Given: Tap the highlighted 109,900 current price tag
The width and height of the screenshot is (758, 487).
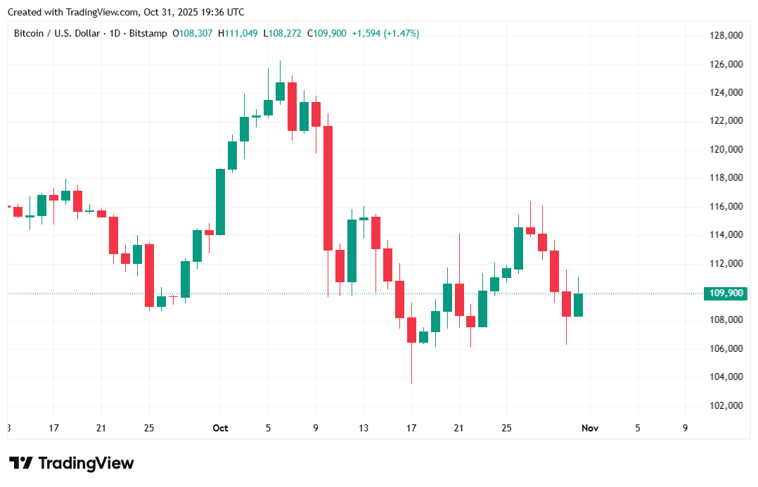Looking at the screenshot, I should pos(724,293).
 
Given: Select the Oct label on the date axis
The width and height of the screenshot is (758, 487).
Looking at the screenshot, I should pos(220,428).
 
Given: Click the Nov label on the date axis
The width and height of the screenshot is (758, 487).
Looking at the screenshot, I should pos(590,428).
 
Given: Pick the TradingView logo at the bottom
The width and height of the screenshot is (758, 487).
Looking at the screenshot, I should pos(72,463).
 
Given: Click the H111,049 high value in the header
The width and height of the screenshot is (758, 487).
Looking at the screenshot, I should pos(238,33).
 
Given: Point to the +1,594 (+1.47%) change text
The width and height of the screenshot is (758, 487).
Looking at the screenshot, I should pos(385,33).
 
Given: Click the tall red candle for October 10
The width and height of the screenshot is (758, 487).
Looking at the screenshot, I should pos(328,188).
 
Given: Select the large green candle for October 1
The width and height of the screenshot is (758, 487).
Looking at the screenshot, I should pos(220,201).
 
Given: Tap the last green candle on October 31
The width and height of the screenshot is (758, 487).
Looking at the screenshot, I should pos(578,305).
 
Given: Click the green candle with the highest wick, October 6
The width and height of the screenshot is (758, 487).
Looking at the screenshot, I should pos(280,91).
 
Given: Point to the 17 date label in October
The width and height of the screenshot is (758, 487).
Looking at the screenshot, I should pos(411,428).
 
